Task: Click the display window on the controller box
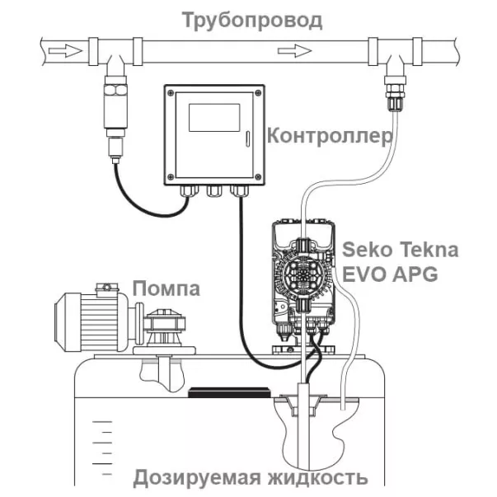[x=214, y=118]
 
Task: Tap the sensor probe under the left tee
[x=114, y=111]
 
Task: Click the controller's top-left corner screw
[x=171, y=91]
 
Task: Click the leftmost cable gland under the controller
[x=189, y=191]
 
